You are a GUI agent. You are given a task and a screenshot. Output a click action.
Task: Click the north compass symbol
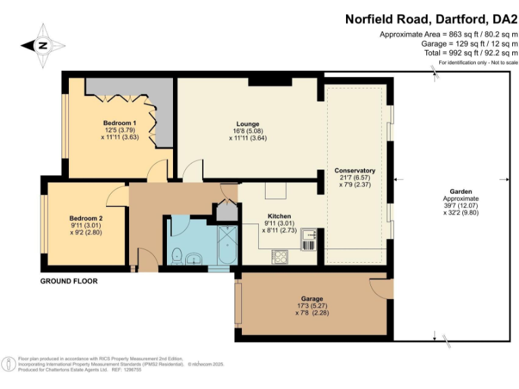[43, 45]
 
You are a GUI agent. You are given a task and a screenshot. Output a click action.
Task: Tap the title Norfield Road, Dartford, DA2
[432, 20]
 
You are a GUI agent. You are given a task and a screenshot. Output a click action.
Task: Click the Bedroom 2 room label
[86, 218]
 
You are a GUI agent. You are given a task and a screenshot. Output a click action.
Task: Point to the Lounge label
[248, 124]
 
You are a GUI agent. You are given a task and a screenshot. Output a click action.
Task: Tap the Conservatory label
[355, 170]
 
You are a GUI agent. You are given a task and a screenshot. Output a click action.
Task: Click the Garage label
[312, 299]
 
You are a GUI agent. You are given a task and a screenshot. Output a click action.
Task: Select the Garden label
[460, 192]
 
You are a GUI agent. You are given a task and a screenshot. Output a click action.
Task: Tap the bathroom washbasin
[194, 259]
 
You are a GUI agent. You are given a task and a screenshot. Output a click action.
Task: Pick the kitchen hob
[280, 257]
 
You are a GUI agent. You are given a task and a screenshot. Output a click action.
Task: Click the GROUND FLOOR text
[69, 281]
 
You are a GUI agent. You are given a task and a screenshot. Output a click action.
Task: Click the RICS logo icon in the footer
[9, 364]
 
